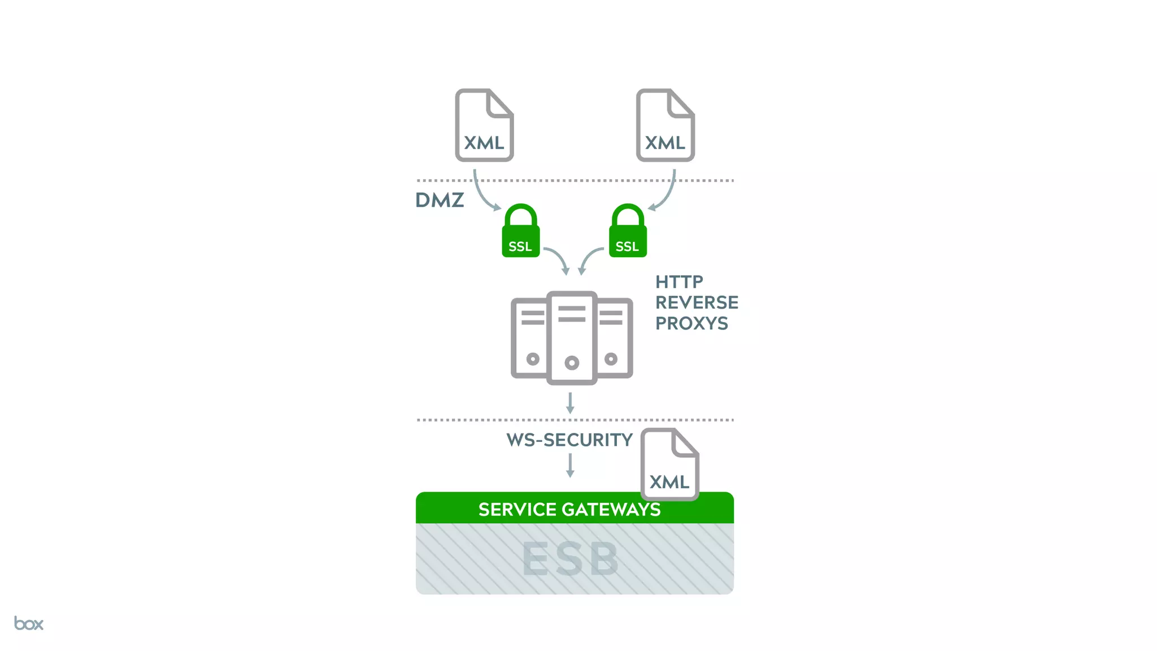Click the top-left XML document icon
484,125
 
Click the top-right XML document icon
665,125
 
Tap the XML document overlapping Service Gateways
669,464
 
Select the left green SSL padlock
520,232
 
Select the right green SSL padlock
628,232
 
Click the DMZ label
440,200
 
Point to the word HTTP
679,281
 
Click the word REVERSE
697,302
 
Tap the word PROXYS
691,323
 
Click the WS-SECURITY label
569,440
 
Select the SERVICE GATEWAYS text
569,509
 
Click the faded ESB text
570,559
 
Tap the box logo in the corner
29,623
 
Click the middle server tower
572,338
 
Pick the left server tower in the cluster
529,338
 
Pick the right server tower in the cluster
615,338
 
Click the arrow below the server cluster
570,403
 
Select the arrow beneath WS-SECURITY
570,466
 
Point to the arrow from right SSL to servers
589,259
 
